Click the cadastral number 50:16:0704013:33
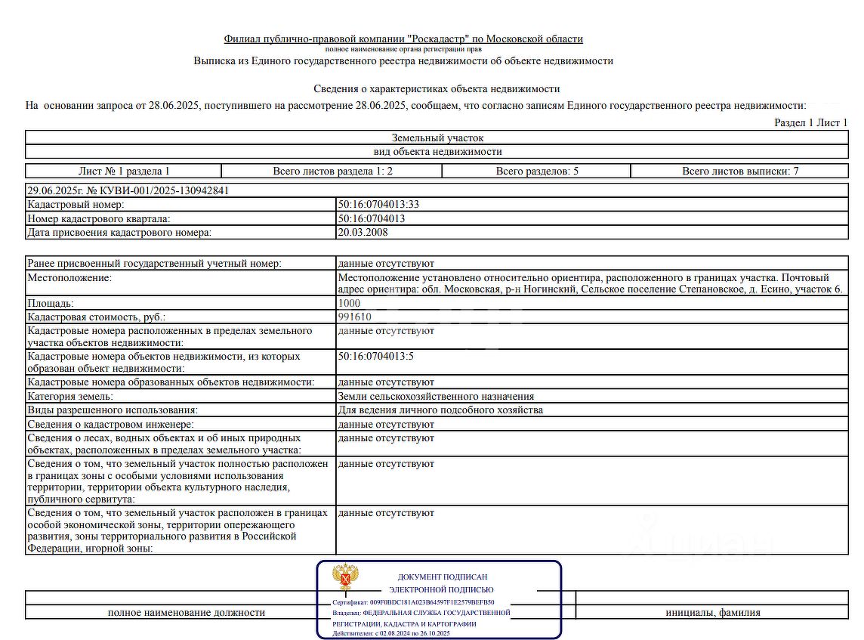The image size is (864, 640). click(379, 205)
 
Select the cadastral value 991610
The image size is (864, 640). click(355, 317)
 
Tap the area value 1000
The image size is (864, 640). click(350, 304)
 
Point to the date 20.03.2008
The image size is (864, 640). click(363, 233)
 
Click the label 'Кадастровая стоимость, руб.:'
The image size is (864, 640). click(96, 317)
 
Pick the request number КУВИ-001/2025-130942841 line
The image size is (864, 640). click(128, 191)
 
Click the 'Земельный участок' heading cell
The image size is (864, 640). click(437, 138)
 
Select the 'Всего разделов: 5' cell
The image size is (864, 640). click(537, 172)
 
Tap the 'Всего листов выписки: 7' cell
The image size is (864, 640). click(740, 172)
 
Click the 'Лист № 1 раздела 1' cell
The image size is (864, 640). click(124, 172)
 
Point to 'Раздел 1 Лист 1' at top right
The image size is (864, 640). click(811, 122)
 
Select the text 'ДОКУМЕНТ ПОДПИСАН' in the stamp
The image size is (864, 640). click(443, 577)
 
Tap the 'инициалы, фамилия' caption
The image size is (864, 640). click(713, 613)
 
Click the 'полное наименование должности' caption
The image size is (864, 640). click(187, 613)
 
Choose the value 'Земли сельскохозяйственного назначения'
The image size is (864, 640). click(436, 397)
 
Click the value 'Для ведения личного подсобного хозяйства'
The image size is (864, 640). click(440, 410)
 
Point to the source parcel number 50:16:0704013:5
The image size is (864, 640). click(376, 356)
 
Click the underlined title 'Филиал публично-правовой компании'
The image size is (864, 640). click(403, 39)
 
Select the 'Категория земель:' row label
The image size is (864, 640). click(70, 397)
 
